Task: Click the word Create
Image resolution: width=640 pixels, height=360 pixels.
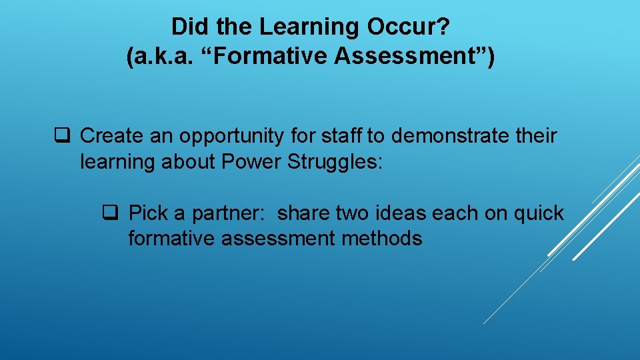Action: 115,136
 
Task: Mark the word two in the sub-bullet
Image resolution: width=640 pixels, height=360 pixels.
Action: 356,213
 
